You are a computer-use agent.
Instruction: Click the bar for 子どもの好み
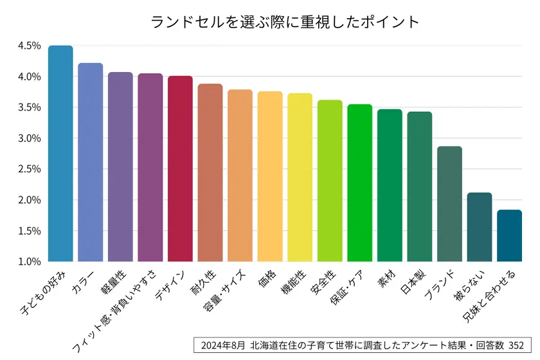point(60,154)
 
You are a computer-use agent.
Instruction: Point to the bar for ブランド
point(449,204)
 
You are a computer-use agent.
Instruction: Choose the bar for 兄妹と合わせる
point(509,236)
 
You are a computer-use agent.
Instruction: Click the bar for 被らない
point(480,227)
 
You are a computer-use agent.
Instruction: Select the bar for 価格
point(270,177)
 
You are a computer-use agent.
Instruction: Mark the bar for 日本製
point(419,186)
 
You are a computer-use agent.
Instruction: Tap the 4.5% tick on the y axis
point(30,46)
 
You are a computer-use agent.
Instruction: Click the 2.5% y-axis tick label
point(30,169)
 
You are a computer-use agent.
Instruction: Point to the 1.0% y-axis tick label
point(30,262)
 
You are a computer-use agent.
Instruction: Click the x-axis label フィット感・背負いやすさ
point(116,309)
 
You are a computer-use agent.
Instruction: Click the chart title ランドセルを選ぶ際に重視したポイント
point(285,22)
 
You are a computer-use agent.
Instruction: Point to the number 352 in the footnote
point(519,345)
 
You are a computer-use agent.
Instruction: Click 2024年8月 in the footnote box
point(221,345)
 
